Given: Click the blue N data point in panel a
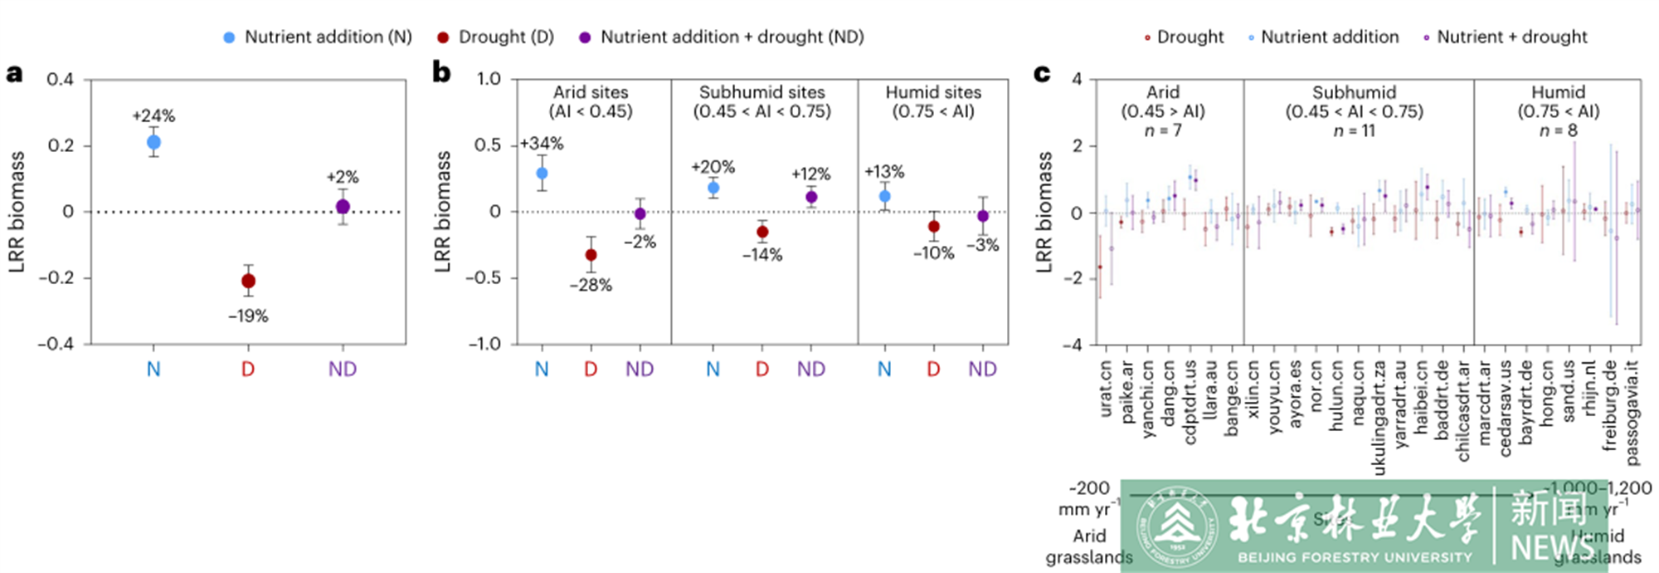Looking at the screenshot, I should point(153,143).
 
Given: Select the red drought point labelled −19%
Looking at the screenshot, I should point(248,281).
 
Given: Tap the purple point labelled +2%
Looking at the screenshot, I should point(343,207).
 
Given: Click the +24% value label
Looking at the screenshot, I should point(153,115).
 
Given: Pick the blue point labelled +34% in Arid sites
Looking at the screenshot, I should point(542,174).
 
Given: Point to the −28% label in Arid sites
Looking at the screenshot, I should point(591,285).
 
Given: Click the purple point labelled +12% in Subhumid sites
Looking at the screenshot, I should point(811,197).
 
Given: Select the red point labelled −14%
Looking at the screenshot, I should point(762,232).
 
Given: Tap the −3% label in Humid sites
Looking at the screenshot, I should point(983,245).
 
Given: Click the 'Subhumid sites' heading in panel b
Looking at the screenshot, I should point(761,92).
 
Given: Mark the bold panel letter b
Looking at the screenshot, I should point(441,73).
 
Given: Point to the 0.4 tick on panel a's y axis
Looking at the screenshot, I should point(60,79).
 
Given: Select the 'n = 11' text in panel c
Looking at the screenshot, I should point(1354,130).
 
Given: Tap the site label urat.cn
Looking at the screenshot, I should point(1105,387).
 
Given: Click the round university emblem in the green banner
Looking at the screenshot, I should point(1176,526).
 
